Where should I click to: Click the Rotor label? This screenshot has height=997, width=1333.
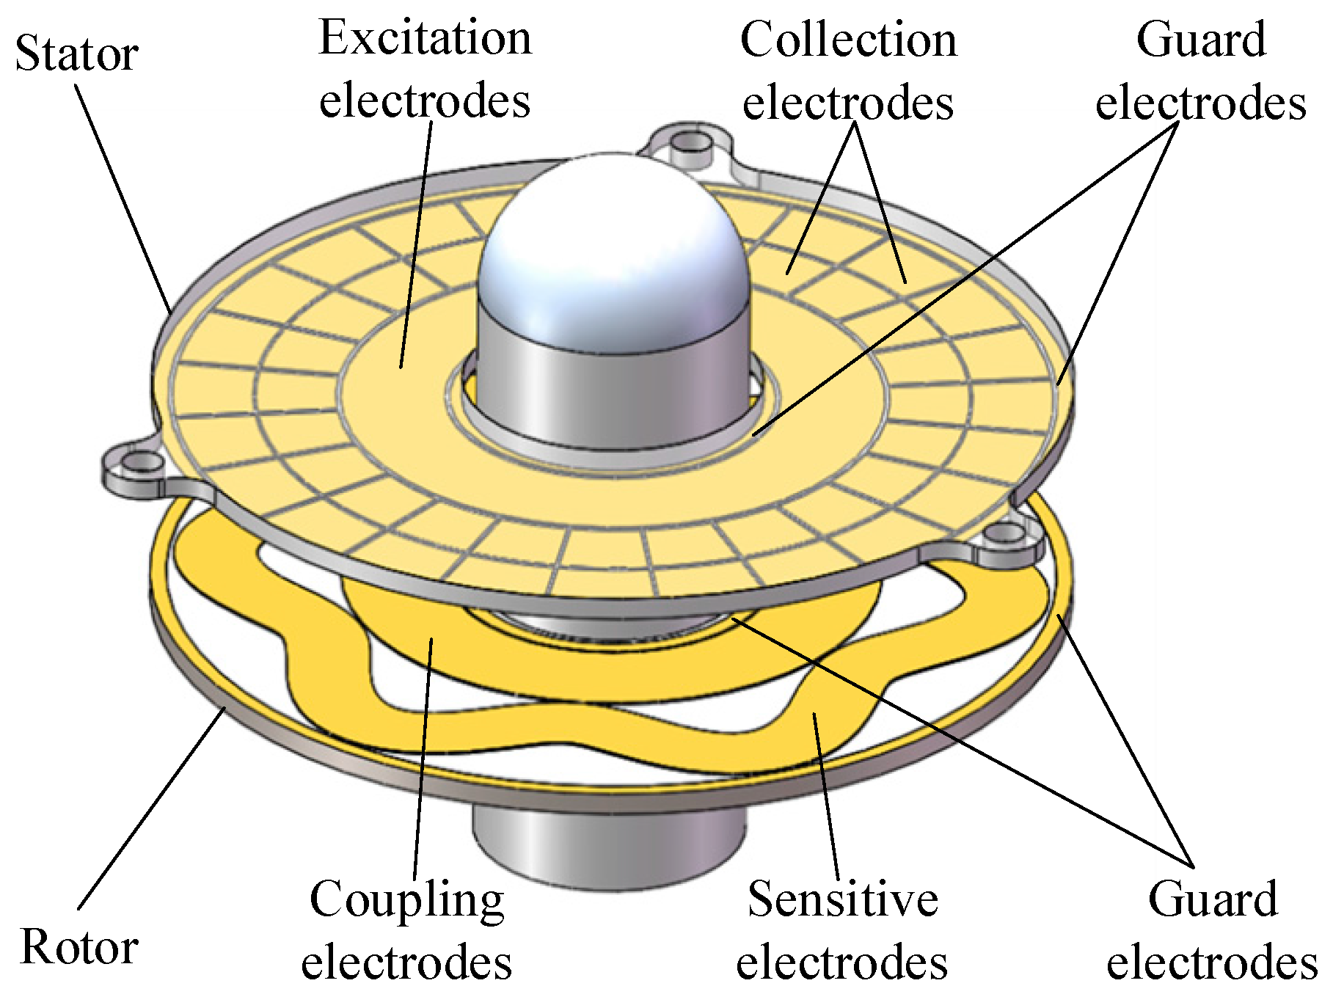pos(79,947)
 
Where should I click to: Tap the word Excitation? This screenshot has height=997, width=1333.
pos(425,38)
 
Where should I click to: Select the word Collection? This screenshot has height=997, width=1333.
pos(848,40)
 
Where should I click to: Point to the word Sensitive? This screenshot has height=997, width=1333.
pos(842,899)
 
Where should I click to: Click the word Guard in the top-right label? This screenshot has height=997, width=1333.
pos(1201,40)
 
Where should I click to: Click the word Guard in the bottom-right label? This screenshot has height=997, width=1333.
pos(1213,899)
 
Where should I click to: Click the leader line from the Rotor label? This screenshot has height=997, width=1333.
pos(150,807)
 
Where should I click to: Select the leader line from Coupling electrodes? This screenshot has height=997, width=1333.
pos(423,756)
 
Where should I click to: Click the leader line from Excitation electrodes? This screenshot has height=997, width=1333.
pos(415,242)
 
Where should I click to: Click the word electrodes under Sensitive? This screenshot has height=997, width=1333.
pos(842,962)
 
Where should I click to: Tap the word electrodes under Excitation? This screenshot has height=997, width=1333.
pos(425,101)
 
